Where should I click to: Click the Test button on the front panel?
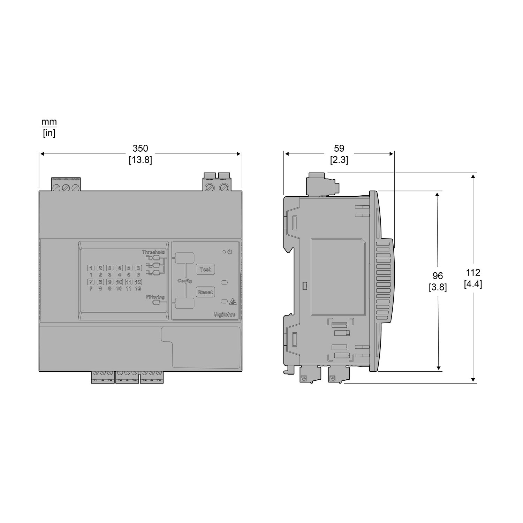tap(205, 270)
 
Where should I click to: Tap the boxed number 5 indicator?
tap(129, 268)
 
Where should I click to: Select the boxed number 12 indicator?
tap(138, 282)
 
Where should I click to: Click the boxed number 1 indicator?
tap(91, 268)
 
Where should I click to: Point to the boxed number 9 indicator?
tap(109, 282)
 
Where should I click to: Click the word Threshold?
tap(153, 252)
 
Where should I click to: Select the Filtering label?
tap(156, 297)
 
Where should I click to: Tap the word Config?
tap(185, 281)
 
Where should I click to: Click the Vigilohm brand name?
tap(224, 314)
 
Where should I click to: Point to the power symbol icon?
tap(229, 251)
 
